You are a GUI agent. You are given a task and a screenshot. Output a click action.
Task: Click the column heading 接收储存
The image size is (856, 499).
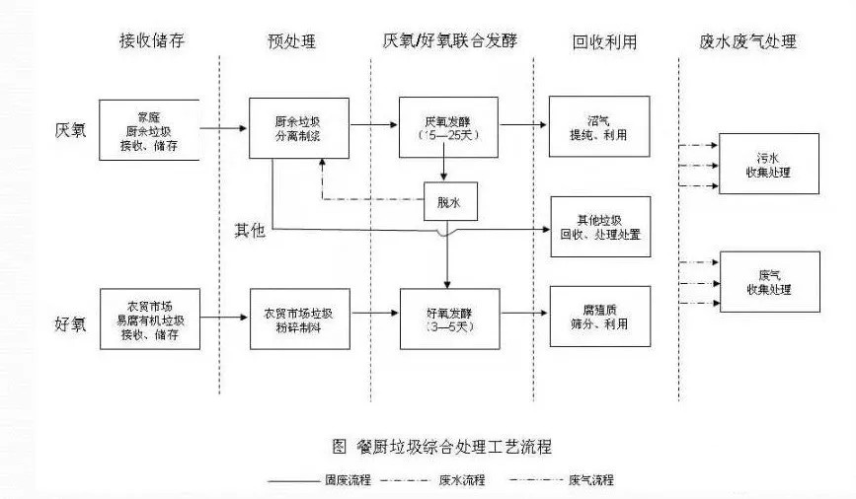pyautogui.click(x=151, y=41)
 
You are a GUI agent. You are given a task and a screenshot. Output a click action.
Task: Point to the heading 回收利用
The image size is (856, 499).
pyautogui.click(x=604, y=41)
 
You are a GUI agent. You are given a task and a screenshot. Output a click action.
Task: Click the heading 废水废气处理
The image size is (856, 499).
pyautogui.click(x=747, y=41)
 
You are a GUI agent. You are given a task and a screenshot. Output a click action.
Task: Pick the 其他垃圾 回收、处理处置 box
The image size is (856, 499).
pyautogui.click(x=599, y=226)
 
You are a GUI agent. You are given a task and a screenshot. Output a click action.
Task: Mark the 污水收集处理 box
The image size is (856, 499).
pyautogui.click(x=768, y=166)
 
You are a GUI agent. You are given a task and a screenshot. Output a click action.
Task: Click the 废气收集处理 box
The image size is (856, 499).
pyautogui.click(x=770, y=280)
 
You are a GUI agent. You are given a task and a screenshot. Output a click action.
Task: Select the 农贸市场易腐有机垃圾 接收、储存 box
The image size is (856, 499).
pyautogui.click(x=150, y=319)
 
